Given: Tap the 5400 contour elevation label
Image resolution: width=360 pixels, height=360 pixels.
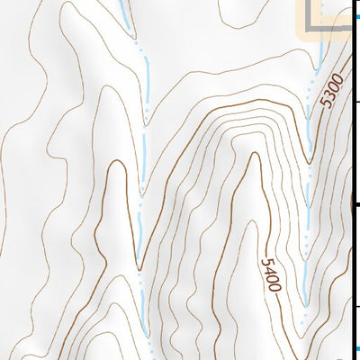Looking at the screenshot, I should (271, 274).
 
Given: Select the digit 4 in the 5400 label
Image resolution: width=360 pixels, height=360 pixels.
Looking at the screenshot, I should (270, 273).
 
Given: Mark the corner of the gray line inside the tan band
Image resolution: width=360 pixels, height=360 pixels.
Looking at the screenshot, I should (314, 26).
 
